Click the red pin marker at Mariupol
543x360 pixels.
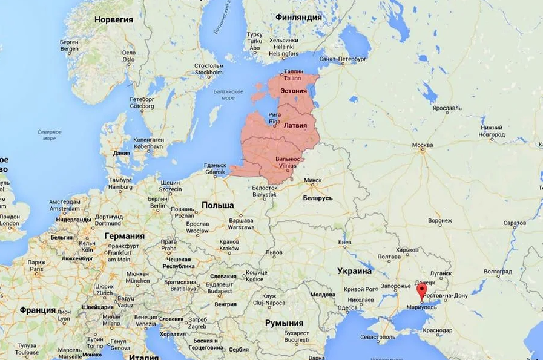click(x=421, y=292)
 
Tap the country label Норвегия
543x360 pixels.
click(x=113, y=19)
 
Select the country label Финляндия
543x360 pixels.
click(x=298, y=17)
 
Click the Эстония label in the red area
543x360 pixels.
click(x=292, y=91)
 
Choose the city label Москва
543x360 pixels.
click(x=422, y=146)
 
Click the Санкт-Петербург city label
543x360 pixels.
click(x=343, y=59)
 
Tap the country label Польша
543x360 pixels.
click(x=217, y=205)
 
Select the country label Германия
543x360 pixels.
click(x=124, y=235)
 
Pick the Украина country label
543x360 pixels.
click(x=354, y=271)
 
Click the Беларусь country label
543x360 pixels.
click(x=318, y=198)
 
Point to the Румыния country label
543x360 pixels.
click(x=284, y=323)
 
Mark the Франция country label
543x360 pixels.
click(x=38, y=310)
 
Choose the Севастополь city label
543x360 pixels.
click(x=378, y=336)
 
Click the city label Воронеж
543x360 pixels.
click(x=439, y=221)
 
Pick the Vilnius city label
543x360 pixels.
click(x=286, y=165)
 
